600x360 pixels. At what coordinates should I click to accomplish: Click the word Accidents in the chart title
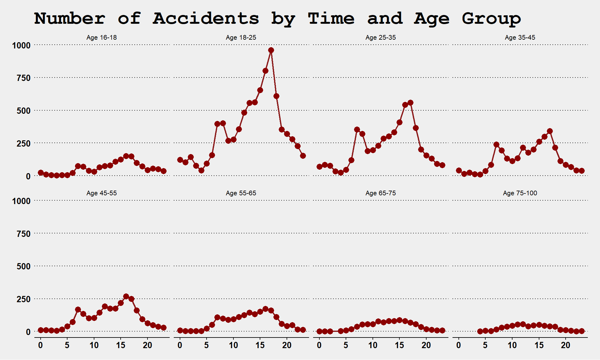[x=206, y=18]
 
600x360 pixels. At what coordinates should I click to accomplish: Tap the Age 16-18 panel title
[x=102, y=37]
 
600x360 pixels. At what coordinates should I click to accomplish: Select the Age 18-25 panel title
[x=241, y=37]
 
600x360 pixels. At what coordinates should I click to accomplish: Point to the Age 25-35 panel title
[x=381, y=37]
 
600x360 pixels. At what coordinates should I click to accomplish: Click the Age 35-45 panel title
[x=520, y=37]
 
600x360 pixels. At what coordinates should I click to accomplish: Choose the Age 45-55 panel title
[x=102, y=193]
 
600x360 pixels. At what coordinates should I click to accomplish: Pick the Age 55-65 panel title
[x=241, y=193]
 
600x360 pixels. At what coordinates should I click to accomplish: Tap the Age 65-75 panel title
[x=381, y=193]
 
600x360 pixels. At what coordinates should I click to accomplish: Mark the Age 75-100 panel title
[x=520, y=193]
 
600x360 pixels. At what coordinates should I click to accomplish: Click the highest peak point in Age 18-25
[x=271, y=50]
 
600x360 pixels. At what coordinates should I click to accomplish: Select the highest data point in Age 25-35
[x=410, y=103]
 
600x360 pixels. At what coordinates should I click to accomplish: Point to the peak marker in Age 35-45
[x=550, y=131]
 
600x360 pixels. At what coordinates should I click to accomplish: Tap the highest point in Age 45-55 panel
[x=126, y=296]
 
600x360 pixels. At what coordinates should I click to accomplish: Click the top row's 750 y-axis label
[x=24, y=78]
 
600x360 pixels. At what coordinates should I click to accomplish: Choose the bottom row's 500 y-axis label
[x=24, y=267]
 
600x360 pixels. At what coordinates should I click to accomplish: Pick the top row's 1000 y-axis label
[x=21, y=46]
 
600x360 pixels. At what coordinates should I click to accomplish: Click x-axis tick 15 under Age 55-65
[x=260, y=345]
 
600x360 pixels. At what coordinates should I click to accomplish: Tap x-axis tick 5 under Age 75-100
[x=485, y=345]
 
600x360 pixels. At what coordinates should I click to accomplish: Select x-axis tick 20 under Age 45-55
[x=147, y=345]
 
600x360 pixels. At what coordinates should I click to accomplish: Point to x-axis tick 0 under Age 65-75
[x=319, y=345]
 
